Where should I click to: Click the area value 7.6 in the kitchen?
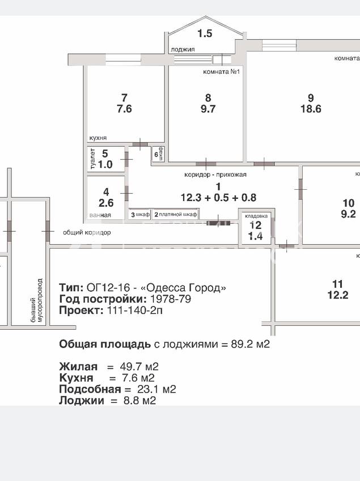coord(124,109)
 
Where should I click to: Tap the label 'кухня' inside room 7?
coord(98,138)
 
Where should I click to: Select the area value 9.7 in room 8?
coord(208,109)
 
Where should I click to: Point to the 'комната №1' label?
coord(221,72)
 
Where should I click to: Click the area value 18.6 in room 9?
coord(311,109)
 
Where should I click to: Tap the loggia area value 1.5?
coord(205,33)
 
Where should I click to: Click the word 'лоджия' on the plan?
coord(183,49)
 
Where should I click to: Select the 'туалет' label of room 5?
coord(93,159)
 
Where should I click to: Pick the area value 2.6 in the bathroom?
coord(106,203)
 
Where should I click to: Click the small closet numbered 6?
coord(158,154)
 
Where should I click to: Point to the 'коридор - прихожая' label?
coord(215,174)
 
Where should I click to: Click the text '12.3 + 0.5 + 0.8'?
coord(218,198)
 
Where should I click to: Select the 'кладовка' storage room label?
coord(256,216)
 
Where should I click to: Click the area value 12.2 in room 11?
coord(338,295)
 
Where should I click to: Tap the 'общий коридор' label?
coord(87,232)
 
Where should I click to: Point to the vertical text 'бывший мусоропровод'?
coord(36,301)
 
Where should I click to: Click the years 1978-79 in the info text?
coord(170,299)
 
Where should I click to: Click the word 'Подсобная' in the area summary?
coord(90,389)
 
